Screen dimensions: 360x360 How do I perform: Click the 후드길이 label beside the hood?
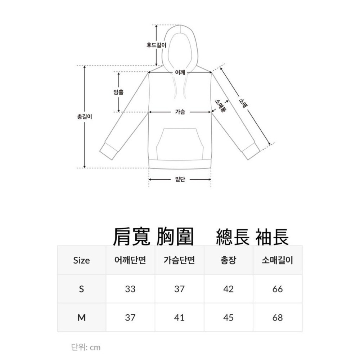pos(156,45)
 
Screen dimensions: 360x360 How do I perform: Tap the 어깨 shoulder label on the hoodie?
pos(180,72)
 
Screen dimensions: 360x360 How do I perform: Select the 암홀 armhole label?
pos(118,92)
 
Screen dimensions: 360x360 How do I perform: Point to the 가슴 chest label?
pos(180,112)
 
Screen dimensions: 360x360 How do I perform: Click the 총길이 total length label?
pos(85,117)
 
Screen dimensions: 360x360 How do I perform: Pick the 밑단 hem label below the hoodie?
pos(180,179)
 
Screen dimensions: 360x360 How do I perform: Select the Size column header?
pos(81,260)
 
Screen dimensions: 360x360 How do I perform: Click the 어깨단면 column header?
pos(130,260)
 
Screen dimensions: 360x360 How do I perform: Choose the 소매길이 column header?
pos(278,260)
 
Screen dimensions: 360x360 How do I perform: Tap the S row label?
pos(81,289)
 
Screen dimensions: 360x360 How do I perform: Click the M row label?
pos(81,318)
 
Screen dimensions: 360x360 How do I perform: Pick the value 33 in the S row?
pos(130,289)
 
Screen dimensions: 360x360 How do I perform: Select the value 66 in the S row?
pos(278,289)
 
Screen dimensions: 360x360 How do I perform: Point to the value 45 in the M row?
pos(228,318)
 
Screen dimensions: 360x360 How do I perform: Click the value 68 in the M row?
pos(278,318)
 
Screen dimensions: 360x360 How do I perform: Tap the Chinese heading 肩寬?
pos(131,237)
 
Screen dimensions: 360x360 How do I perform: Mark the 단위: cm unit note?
pos(86,347)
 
